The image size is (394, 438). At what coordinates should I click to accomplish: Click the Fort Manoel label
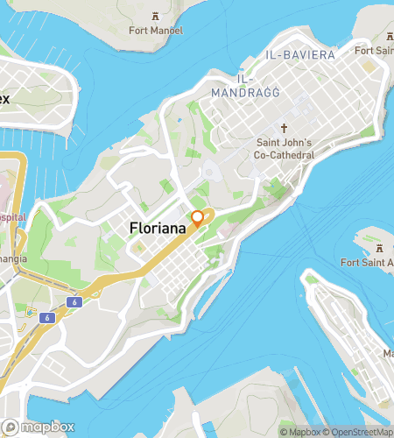(155, 31)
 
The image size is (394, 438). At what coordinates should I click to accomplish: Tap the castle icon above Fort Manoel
(155, 16)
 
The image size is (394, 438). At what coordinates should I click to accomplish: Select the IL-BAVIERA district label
(299, 54)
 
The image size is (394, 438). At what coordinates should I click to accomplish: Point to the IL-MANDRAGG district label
(234, 83)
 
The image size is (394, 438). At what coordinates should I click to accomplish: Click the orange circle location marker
(198, 217)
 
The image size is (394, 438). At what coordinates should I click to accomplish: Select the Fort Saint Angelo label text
(368, 262)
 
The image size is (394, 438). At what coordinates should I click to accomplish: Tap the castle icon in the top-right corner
(387, 36)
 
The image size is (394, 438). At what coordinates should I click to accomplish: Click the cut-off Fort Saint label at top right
(374, 51)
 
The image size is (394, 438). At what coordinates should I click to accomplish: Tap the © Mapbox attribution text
(299, 431)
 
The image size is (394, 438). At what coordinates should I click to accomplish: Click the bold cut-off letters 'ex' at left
(4, 98)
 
